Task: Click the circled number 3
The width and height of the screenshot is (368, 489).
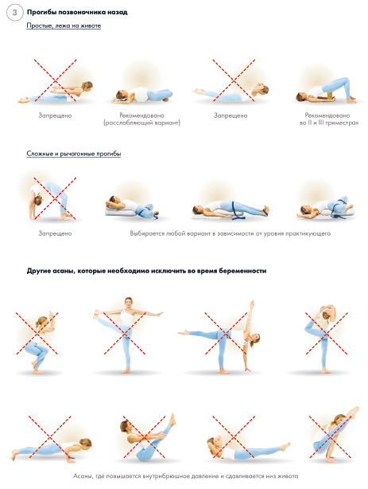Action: click(14, 13)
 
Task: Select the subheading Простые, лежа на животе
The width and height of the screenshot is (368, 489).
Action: click(64, 25)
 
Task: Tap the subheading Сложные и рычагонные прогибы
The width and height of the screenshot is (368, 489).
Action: click(73, 154)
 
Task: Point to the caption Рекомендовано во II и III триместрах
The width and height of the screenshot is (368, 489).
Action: click(329, 119)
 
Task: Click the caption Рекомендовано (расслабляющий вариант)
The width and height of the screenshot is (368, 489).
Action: click(142, 119)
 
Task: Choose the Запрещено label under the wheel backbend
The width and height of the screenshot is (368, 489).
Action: click(55, 233)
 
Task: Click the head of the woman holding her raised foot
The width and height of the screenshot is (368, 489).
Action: click(128, 302)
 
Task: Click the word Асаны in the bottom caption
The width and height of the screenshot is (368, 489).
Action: click(83, 476)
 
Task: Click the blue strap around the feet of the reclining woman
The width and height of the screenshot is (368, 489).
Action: click(265, 211)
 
